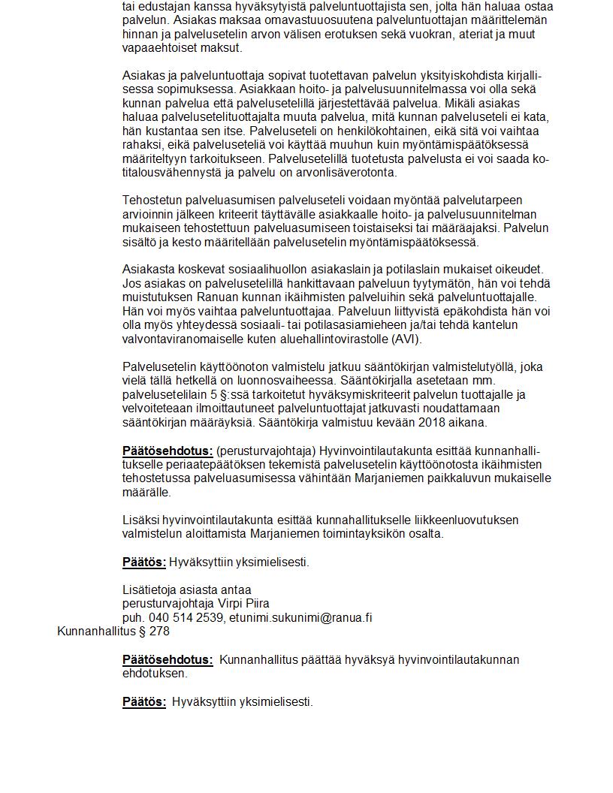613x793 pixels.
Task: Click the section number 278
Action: (160, 632)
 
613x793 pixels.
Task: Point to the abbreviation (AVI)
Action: (405, 339)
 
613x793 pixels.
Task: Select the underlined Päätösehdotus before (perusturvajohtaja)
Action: (168, 451)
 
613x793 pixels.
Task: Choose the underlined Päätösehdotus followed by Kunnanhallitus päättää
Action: (168, 659)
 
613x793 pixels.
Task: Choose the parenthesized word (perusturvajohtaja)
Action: (266, 451)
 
